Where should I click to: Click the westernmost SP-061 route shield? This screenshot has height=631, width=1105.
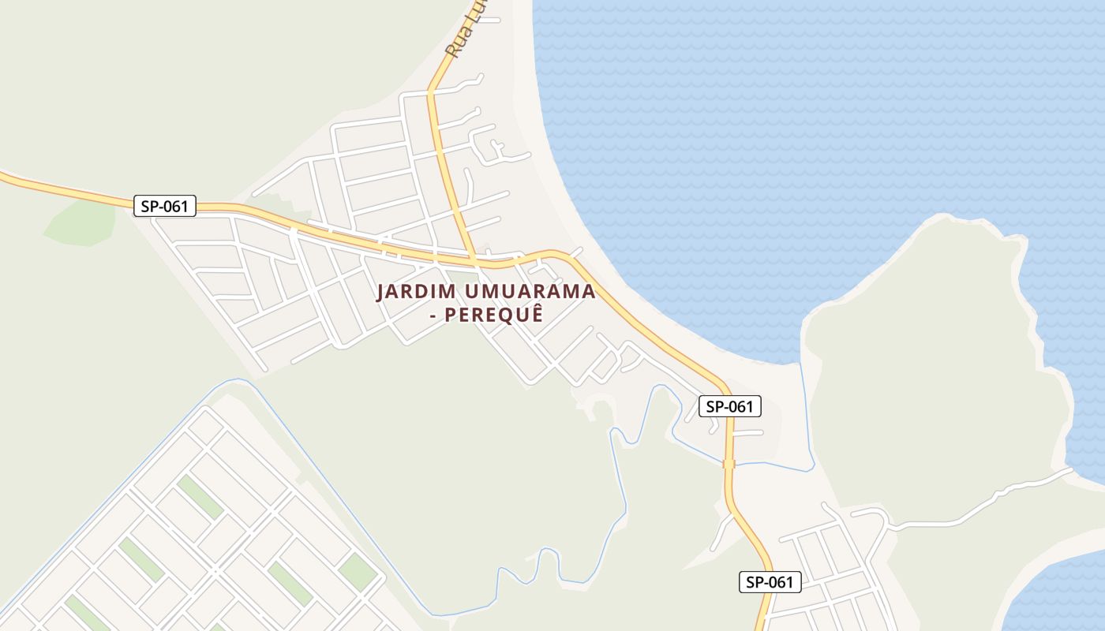(x=164, y=207)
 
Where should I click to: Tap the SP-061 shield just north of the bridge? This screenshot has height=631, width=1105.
(x=730, y=407)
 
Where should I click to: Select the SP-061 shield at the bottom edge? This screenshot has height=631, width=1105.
(x=770, y=582)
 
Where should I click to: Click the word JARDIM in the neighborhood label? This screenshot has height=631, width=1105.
(x=416, y=292)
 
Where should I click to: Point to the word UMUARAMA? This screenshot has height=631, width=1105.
(x=530, y=292)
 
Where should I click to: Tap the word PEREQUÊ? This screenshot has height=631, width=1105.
(x=493, y=315)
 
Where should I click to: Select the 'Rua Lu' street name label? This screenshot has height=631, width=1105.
(x=465, y=32)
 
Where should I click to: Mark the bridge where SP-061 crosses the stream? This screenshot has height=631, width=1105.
(x=729, y=464)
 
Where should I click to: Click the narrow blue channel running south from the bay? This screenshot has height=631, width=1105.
(x=806, y=418)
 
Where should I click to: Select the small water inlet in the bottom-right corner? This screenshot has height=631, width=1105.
(x=1058, y=592)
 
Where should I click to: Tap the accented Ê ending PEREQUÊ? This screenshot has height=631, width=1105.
(x=537, y=313)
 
